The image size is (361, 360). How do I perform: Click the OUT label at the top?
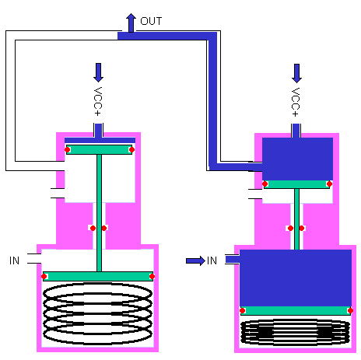click(151, 21)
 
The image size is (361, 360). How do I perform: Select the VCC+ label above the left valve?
click(98, 101)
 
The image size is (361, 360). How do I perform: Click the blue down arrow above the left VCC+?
click(98, 72)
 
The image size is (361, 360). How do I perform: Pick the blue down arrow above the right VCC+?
click(296, 72)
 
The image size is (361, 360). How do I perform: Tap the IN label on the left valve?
click(14, 259)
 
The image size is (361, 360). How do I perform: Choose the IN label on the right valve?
click(212, 260)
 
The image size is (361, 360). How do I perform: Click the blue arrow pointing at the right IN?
click(195, 260)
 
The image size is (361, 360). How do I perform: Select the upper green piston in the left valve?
click(99, 149)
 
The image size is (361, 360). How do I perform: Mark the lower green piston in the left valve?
click(98, 276)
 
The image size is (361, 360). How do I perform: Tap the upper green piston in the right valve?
click(296, 184)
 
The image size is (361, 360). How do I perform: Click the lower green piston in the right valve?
click(295, 310)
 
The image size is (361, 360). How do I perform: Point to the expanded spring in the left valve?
click(98, 315)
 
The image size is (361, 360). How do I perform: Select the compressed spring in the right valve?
click(295, 332)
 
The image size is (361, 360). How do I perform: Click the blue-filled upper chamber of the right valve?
click(296, 158)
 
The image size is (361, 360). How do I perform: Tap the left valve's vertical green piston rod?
click(99, 210)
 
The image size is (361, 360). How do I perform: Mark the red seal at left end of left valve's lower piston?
click(45, 276)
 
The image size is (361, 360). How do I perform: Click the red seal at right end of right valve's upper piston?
click(329, 184)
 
